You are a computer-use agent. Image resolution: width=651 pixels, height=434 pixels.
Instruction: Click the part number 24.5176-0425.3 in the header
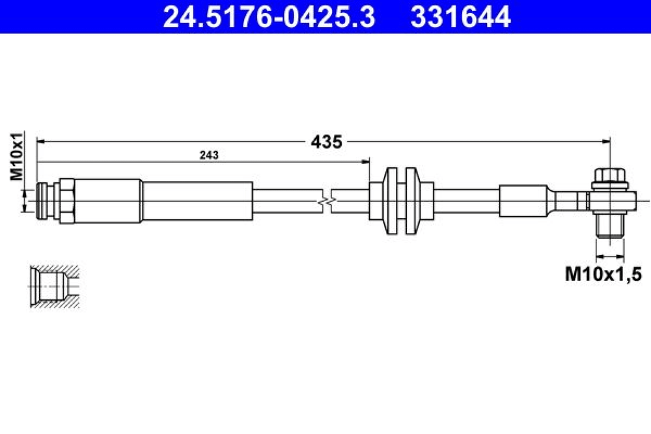(269, 17)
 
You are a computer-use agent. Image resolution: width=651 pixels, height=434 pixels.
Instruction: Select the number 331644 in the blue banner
(460, 17)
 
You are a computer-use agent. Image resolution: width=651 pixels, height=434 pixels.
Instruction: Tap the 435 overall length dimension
(326, 142)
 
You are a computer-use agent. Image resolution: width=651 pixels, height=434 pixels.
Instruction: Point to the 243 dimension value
(209, 155)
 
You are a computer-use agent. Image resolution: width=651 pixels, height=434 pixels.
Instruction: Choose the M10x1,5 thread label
(603, 274)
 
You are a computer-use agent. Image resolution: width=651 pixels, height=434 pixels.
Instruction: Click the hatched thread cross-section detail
(55, 286)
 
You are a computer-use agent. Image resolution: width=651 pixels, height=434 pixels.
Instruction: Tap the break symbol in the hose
(327, 202)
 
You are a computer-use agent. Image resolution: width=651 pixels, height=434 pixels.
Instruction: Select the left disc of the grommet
(391, 201)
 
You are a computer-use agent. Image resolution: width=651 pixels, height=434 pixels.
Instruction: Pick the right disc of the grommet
(411, 201)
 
